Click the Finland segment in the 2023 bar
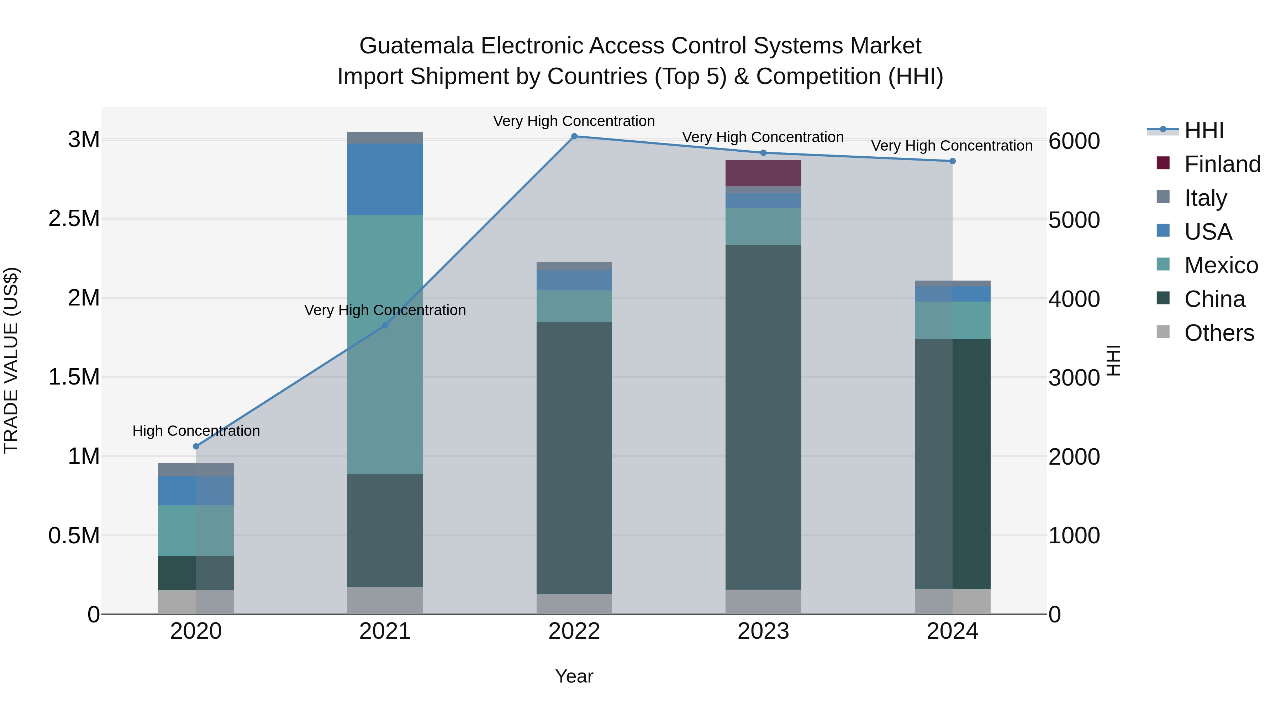click(x=763, y=173)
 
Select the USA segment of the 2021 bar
click(x=385, y=179)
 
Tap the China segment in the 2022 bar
click(x=574, y=458)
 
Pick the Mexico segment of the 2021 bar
click(x=385, y=344)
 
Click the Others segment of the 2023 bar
click(x=763, y=602)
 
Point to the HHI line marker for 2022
click(x=574, y=136)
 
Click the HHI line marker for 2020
click(x=196, y=446)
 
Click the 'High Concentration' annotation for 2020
click(x=196, y=431)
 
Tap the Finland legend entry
click(x=1222, y=164)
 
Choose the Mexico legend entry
click(x=1221, y=265)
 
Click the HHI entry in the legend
click(x=1203, y=130)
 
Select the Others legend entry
click(x=1218, y=333)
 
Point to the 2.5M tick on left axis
click(x=74, y=219)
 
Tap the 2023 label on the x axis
click(x=763, y=631)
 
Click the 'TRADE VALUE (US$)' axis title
click(x=11, y=360)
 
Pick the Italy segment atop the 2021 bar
click(x=385, y=138)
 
